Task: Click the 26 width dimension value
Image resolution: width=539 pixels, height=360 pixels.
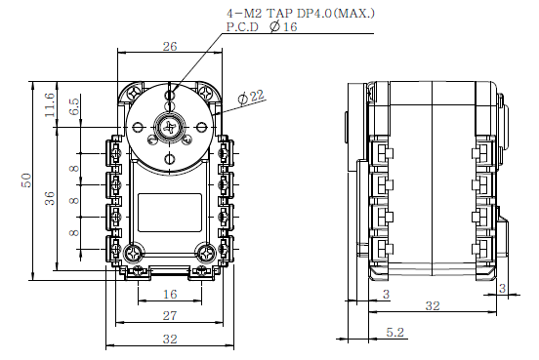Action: (170, 47)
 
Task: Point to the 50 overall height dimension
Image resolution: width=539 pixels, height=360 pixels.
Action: (26, 180)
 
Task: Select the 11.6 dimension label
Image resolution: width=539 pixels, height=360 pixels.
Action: (50, 104)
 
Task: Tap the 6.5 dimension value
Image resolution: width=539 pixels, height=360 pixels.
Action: (74, 106)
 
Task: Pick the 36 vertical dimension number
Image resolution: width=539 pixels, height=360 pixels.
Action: (50, 198)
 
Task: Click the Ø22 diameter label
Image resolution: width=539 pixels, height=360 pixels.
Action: (251, 97)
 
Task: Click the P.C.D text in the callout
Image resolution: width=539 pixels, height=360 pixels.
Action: (242, 26)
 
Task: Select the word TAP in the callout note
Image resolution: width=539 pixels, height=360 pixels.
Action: (278, 13)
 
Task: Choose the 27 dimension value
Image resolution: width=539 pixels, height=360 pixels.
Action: (170, 316)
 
